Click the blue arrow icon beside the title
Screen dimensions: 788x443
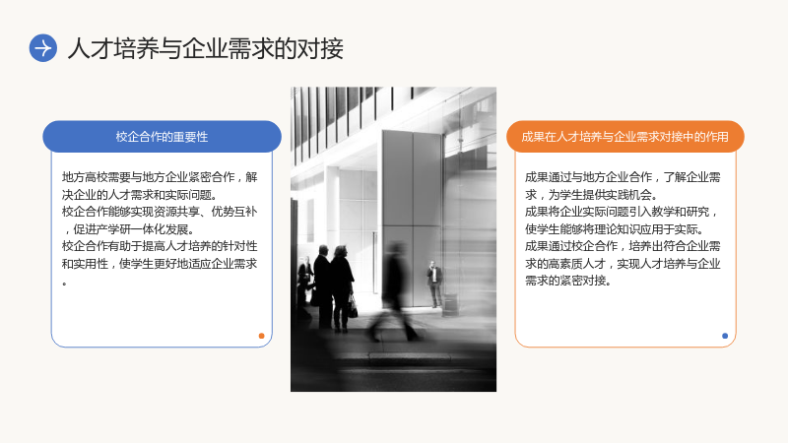[x=43, y=48]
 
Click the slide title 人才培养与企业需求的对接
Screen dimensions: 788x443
[x=206, y=48]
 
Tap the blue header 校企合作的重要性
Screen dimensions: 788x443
[x=162, y=137]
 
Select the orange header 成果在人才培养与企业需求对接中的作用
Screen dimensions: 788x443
[x=625, y=137]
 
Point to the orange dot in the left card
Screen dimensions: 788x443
[x=261, y=336]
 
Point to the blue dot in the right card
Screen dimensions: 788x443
[x=725, y=336]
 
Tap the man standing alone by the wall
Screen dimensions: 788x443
[x=434, y=284]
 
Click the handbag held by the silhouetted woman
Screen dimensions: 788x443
[x=353, y=306]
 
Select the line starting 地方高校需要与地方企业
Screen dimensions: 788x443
[x=160, y=177]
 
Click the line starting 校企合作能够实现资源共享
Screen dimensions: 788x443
[x=160, y=212]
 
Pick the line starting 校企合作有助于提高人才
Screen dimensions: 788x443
[x=160, y=246]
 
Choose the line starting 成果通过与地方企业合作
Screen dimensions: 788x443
[x=623, y=177]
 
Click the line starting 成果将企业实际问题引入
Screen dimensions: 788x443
[x=622, y=212]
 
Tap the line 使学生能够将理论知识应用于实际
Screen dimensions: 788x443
[x=615, y=229]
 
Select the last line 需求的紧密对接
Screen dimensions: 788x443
[x=568, y=281]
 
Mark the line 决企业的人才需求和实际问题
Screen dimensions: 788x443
[x=140, y=194]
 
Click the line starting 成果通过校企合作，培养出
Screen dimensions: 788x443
[x=623, y=246]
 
